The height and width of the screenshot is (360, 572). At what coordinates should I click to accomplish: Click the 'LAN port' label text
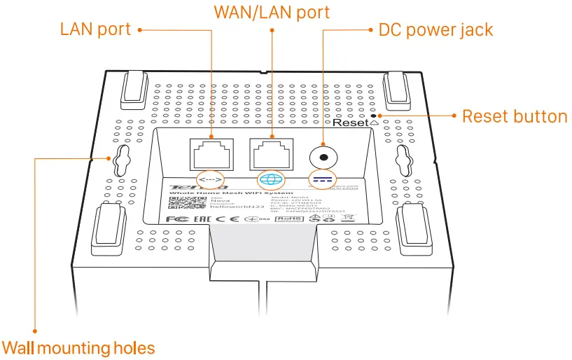click(95, 29)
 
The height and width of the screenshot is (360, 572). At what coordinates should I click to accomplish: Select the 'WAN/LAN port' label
click(272, 13)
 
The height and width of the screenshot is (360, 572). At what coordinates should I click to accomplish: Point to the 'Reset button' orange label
click(515, 116)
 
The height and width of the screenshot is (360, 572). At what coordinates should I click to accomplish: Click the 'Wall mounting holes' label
click(78, 348)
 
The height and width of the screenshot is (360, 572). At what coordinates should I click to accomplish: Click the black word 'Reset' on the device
click(350, 123)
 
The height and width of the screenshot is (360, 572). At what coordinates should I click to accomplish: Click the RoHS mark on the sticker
click(285, 219)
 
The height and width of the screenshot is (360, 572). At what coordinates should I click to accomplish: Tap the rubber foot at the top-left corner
click(134, 90)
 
